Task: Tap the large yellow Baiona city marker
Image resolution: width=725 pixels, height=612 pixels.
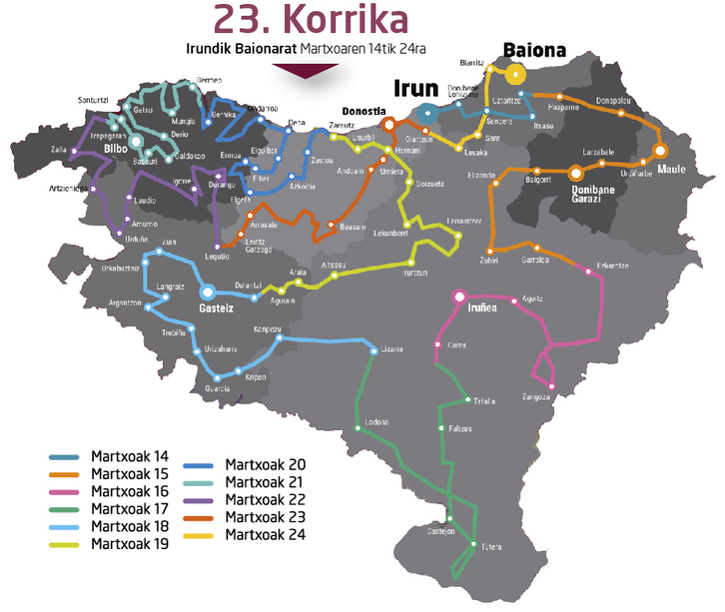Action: (516, 73)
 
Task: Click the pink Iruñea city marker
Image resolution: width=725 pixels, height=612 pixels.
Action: (459, 297)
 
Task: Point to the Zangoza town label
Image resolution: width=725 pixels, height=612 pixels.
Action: (537, 396)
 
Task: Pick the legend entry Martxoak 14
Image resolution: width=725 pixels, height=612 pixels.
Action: (129, 457)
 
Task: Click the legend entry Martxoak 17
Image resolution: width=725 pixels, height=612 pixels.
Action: (129, 508)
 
